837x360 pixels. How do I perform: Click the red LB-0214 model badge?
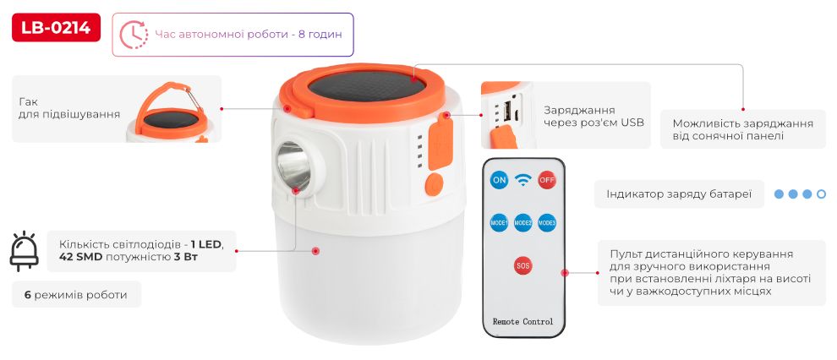(56, 28)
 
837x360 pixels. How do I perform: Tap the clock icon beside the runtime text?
(134, 35)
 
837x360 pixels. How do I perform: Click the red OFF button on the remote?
(547, 180)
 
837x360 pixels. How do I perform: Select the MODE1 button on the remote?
(499, 222)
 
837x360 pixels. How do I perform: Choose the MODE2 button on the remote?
(523, 222)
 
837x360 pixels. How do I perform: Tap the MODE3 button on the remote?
(547, 222)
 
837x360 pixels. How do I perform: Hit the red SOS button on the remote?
(523, 265)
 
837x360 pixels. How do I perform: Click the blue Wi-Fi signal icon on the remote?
(523, 180)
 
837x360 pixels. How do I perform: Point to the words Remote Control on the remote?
(523, 322)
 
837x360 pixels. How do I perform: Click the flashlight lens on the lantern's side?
(293, 166)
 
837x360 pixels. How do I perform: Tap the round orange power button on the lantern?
(435, 185)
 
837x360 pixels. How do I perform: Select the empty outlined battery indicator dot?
(822, 194)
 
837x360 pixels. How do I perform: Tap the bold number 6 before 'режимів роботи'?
(27, 295)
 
